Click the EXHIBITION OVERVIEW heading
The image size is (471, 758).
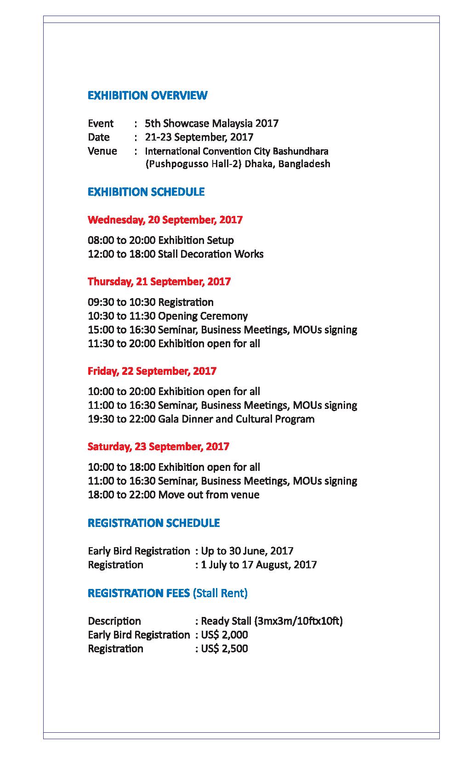[147, 96]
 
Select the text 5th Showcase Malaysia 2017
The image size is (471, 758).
[211, 123]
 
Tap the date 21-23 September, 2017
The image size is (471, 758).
[199, 137]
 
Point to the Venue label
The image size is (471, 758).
[102, 151]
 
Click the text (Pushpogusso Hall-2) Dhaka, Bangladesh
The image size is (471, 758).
[237, 164]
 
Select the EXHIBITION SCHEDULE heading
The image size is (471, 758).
[146, 192]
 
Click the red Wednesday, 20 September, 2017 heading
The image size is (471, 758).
[165, 220]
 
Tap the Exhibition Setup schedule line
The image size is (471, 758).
[161, 240]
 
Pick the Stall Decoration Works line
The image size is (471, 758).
[176, 254]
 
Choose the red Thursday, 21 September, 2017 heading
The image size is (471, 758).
[159, 282]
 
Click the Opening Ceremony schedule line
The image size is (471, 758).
[168, 316]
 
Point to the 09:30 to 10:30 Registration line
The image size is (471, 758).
[151, 302]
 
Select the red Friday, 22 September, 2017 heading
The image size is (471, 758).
[152, 371]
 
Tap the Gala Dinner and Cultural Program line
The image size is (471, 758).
[201, 419]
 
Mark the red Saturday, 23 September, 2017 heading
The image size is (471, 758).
[159, 447]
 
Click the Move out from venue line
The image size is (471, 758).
[174, 495]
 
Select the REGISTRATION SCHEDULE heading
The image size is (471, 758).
[153, 523]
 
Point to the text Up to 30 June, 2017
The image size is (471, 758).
[247, 551]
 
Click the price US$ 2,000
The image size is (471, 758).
[224, 635]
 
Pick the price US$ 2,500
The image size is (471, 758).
[224, 649]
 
